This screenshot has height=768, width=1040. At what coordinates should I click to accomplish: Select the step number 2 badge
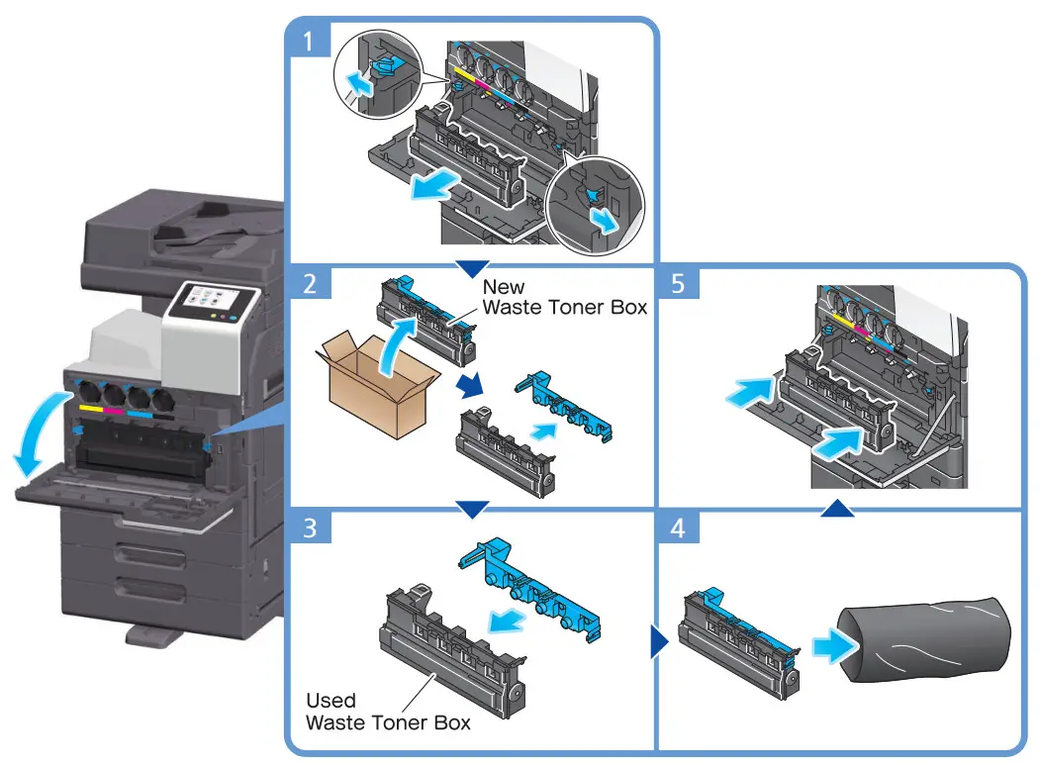pyautogui.click(x=310, y=285)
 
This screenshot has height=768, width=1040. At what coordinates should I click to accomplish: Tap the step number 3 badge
pyautogui.click(x=310, y=528)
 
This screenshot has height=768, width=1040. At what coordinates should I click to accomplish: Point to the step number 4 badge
pyautogui.click(x=677, y=528)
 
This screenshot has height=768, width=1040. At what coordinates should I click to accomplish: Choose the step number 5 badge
pyautogui.click(x=677, y=285)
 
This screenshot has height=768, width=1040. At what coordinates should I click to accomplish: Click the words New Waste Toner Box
pyautogui.click(x=564, y=296)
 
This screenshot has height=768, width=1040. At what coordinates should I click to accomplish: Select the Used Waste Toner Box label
pyautogui.click(x=387, y=711)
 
